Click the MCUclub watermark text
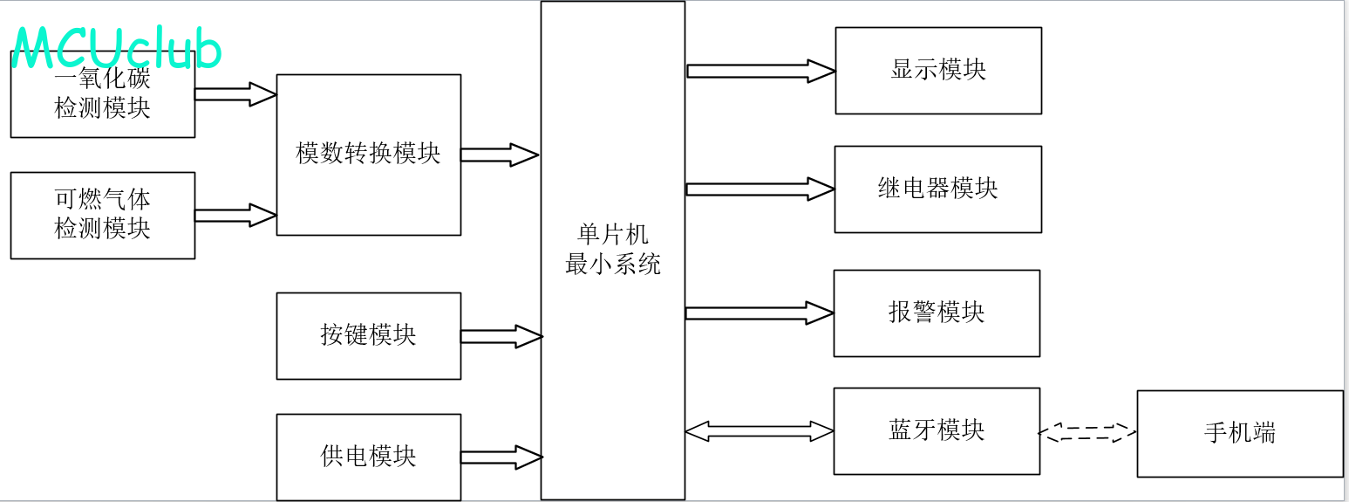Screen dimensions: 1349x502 pos(116,48)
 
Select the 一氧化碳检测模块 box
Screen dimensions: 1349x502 pos(103,94)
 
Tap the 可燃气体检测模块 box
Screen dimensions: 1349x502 pos(103,216)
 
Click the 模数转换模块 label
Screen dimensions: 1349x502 pos(368,153)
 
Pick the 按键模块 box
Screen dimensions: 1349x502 pos(369,336)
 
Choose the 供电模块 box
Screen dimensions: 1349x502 pos(369,457)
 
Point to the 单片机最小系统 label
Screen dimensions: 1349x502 pos(612,249)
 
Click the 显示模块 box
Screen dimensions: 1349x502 pos(938,71)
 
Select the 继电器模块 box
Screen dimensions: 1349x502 pos(937,189)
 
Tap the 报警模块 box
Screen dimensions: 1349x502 pos(937,313)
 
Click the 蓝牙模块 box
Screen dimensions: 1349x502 pos(937,431)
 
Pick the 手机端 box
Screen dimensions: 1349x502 pos(1240,434)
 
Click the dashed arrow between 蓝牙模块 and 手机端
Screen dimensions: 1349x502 pos(1087,432)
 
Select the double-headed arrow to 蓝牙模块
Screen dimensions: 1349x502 pos(760,431)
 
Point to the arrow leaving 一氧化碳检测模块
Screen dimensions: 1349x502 pos(235,94)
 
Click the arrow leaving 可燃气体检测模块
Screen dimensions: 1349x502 pos(235,215)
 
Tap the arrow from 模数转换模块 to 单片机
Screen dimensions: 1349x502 pos(500,155)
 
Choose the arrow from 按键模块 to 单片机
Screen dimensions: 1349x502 pos(502,336)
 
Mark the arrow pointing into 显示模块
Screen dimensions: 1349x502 pos(761,71)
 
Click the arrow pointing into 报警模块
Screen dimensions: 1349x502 pos(760,313)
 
